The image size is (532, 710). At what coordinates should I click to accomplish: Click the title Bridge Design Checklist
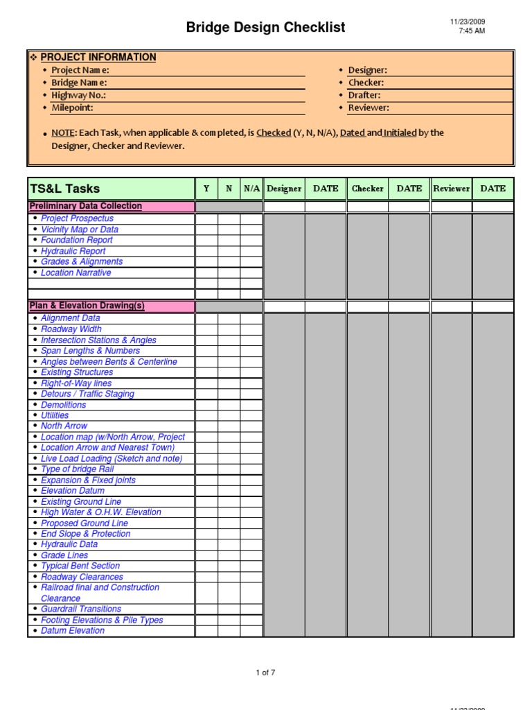265,28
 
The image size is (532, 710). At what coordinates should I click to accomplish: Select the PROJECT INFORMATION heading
98,58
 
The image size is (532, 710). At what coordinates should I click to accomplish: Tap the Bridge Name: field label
79,83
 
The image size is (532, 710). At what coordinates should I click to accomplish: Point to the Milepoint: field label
72,107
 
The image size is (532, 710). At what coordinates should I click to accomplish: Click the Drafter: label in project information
364,95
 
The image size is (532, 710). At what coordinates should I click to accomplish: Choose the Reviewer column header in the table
451,189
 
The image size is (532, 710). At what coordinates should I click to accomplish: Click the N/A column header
251,189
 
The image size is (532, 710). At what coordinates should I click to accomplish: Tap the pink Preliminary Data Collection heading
85,206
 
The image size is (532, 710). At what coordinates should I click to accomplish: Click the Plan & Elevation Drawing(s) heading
87,306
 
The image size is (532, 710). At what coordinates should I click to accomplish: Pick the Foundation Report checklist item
76,240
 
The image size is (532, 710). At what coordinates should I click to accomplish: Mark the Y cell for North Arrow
206,426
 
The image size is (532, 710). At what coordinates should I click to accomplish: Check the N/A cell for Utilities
251,415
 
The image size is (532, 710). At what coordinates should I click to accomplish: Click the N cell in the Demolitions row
229,405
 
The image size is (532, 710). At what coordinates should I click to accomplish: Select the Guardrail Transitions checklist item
80,609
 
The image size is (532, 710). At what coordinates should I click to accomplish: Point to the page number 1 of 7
265,673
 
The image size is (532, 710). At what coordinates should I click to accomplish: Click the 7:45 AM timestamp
471,31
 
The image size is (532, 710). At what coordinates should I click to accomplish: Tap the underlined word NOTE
63,132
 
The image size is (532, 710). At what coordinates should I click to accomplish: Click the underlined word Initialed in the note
400,132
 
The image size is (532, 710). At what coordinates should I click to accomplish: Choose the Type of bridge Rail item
77,469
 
